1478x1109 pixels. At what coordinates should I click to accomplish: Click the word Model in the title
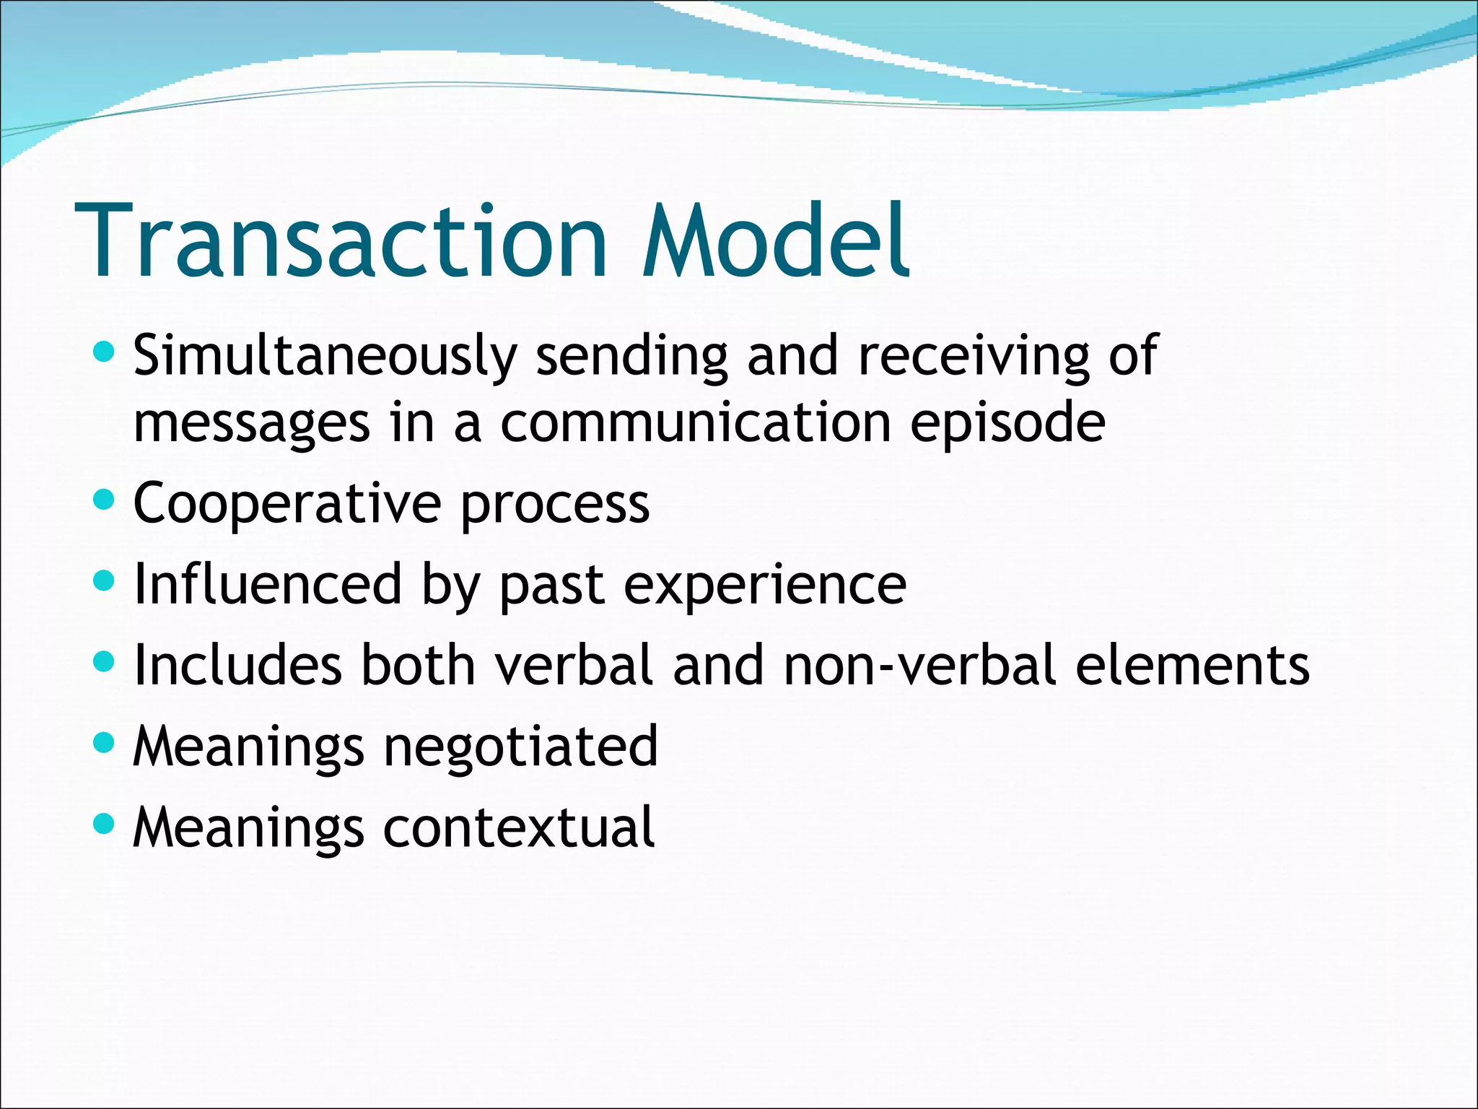(x=776, y=242)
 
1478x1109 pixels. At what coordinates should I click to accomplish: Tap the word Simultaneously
(x=325, y=356)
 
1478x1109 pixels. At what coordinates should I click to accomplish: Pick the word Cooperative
(x=287, y=504)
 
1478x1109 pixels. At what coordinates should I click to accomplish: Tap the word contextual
(x=518, y=827)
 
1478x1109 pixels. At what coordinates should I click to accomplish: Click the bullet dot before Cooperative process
(x=105, y=499)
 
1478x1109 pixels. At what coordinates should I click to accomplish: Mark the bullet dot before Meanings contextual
(x=105, y=822)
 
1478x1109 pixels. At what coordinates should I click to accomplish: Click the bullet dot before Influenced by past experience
(x=105, y=579)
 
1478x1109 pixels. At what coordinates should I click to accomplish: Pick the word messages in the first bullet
(x=252, y=424)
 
